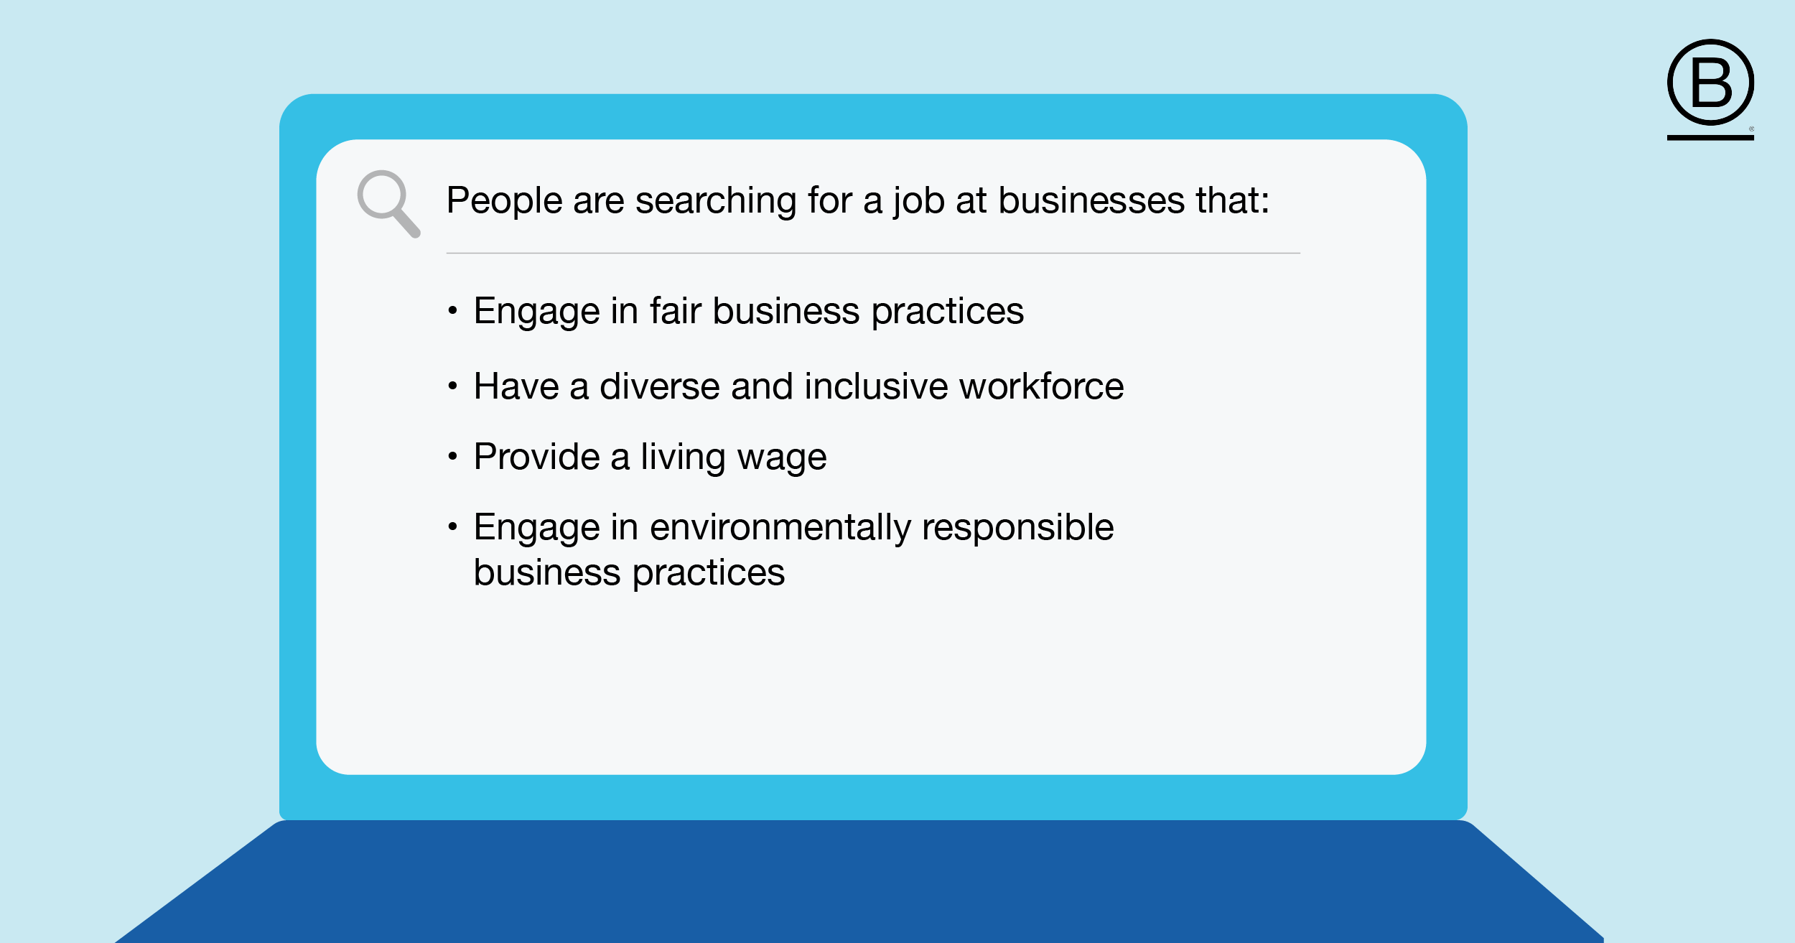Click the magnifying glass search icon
click(388, 203)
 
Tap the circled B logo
click(1710, 83)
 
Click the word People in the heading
click(504, 200)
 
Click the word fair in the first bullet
click(675, 311)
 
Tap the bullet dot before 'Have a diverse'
click(452, 386)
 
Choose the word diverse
click(659, 386)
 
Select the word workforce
click(1042, 386)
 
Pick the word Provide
click(537, 457)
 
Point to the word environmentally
click(780, 528)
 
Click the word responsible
click(1018, 528)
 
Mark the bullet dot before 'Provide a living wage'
click(452, 456)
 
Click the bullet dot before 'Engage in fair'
click(452, 310)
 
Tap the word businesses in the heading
click(1091, 200)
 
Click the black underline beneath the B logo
click(1710, 137)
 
